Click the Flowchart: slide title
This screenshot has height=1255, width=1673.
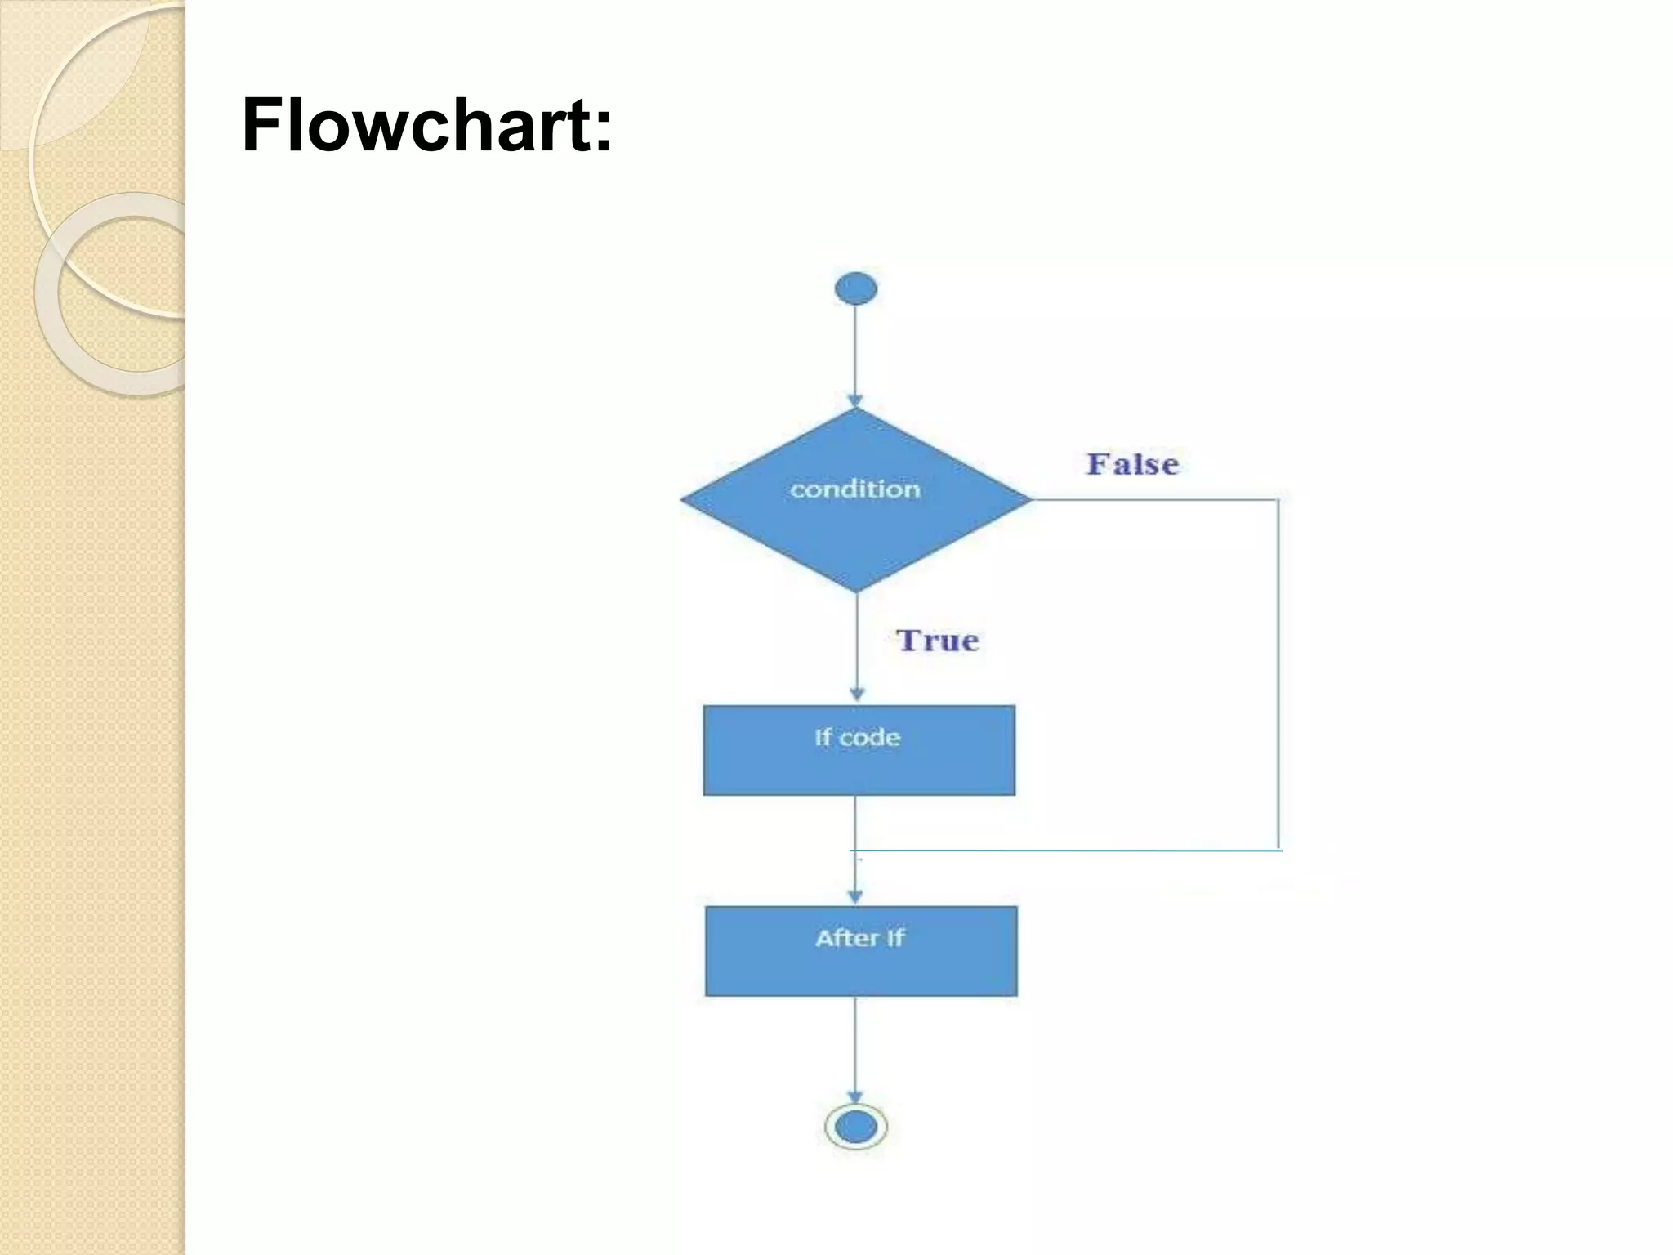pos(426,126)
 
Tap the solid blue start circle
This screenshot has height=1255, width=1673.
pos(855,289)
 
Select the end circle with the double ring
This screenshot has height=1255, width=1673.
pos(855,1127)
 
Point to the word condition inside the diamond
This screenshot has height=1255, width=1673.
pos(854,489)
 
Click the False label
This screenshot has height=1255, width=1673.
pos(1132,464)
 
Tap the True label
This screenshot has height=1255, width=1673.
pos(937,641)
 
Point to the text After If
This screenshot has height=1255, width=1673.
pos(859,938)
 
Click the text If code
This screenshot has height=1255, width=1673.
pos(857,738)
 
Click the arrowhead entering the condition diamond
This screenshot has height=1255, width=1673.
pos(855,401)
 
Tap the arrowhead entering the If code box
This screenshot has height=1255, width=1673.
pos(857,694)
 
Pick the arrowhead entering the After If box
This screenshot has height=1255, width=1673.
pos(855,896)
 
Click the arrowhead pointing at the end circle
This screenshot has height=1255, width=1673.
pos(855,1096)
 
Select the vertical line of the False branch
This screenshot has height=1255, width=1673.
pos(1278,674)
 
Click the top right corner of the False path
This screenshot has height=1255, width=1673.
pos(1278,499)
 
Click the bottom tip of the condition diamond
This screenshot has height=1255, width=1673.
pos(856,591)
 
